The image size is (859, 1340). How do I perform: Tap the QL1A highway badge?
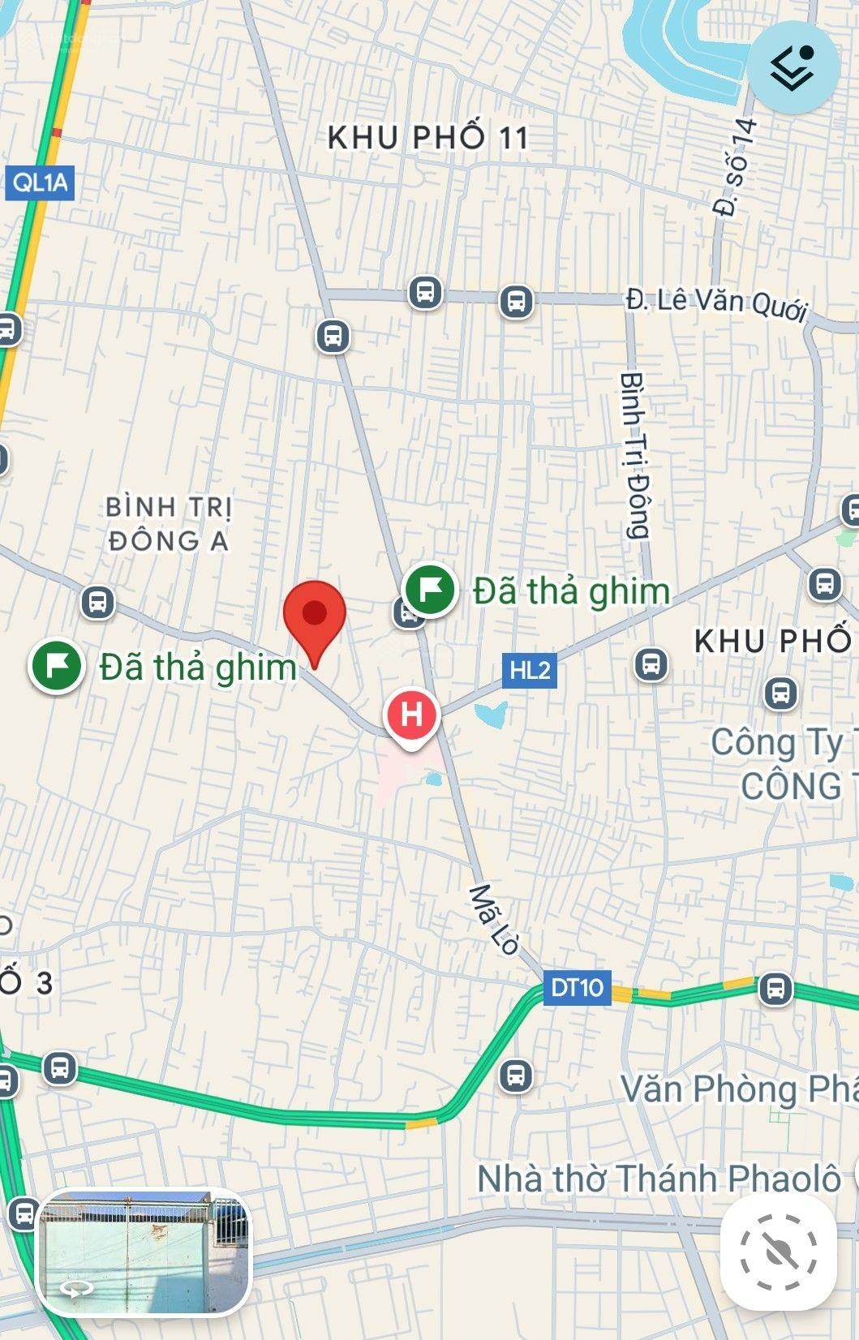tap(40, 183)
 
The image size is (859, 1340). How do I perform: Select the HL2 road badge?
tap(530, 671)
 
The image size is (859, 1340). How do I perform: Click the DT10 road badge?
tap(577, 987)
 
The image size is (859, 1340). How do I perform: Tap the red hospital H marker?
tap(412, 715)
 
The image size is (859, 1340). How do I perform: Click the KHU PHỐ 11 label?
tap(427, 137)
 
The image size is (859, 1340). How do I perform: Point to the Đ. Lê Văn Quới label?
tap(717, 303)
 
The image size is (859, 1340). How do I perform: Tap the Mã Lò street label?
tap(494, 918)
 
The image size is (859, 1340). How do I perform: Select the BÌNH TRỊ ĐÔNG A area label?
tap(168, 524)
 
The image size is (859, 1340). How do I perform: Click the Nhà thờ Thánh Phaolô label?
tap(659, 1179)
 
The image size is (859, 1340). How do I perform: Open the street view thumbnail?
tap(144, 1252)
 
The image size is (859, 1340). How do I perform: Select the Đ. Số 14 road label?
tap(736, 167)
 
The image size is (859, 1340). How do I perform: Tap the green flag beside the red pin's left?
tap(57, 666)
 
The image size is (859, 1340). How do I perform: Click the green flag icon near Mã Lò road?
tap(429, 590)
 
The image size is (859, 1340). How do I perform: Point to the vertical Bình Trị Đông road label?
tap(635, 456)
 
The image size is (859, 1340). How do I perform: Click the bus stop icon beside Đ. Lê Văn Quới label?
tap(516, 301)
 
